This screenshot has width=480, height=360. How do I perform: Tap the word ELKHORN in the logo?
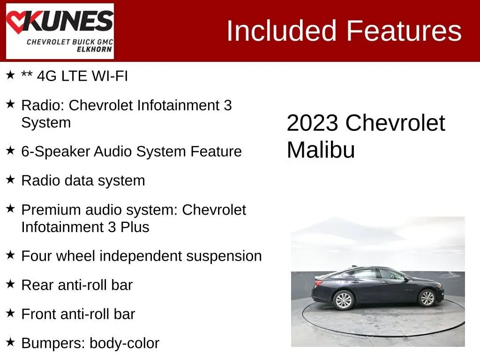coord(94,49)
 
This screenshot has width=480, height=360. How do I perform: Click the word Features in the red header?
coord(404,30)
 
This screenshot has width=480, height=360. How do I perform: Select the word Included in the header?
coord(282,30)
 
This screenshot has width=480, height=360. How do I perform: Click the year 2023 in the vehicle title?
coord(312,123)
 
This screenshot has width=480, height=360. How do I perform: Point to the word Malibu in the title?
coord(321,150)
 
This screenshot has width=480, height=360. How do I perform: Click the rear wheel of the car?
coord(344,300)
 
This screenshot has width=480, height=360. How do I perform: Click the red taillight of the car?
coord(318,283)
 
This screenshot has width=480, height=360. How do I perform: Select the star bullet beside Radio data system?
coord(10,180)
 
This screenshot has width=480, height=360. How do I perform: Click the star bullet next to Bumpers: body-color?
coord(10,342)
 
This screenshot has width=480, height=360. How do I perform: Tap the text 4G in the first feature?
coord(47,76)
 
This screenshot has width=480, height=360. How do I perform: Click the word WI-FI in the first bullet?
coord(110,76)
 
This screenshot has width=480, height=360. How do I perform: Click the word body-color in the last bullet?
coord(124,344)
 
